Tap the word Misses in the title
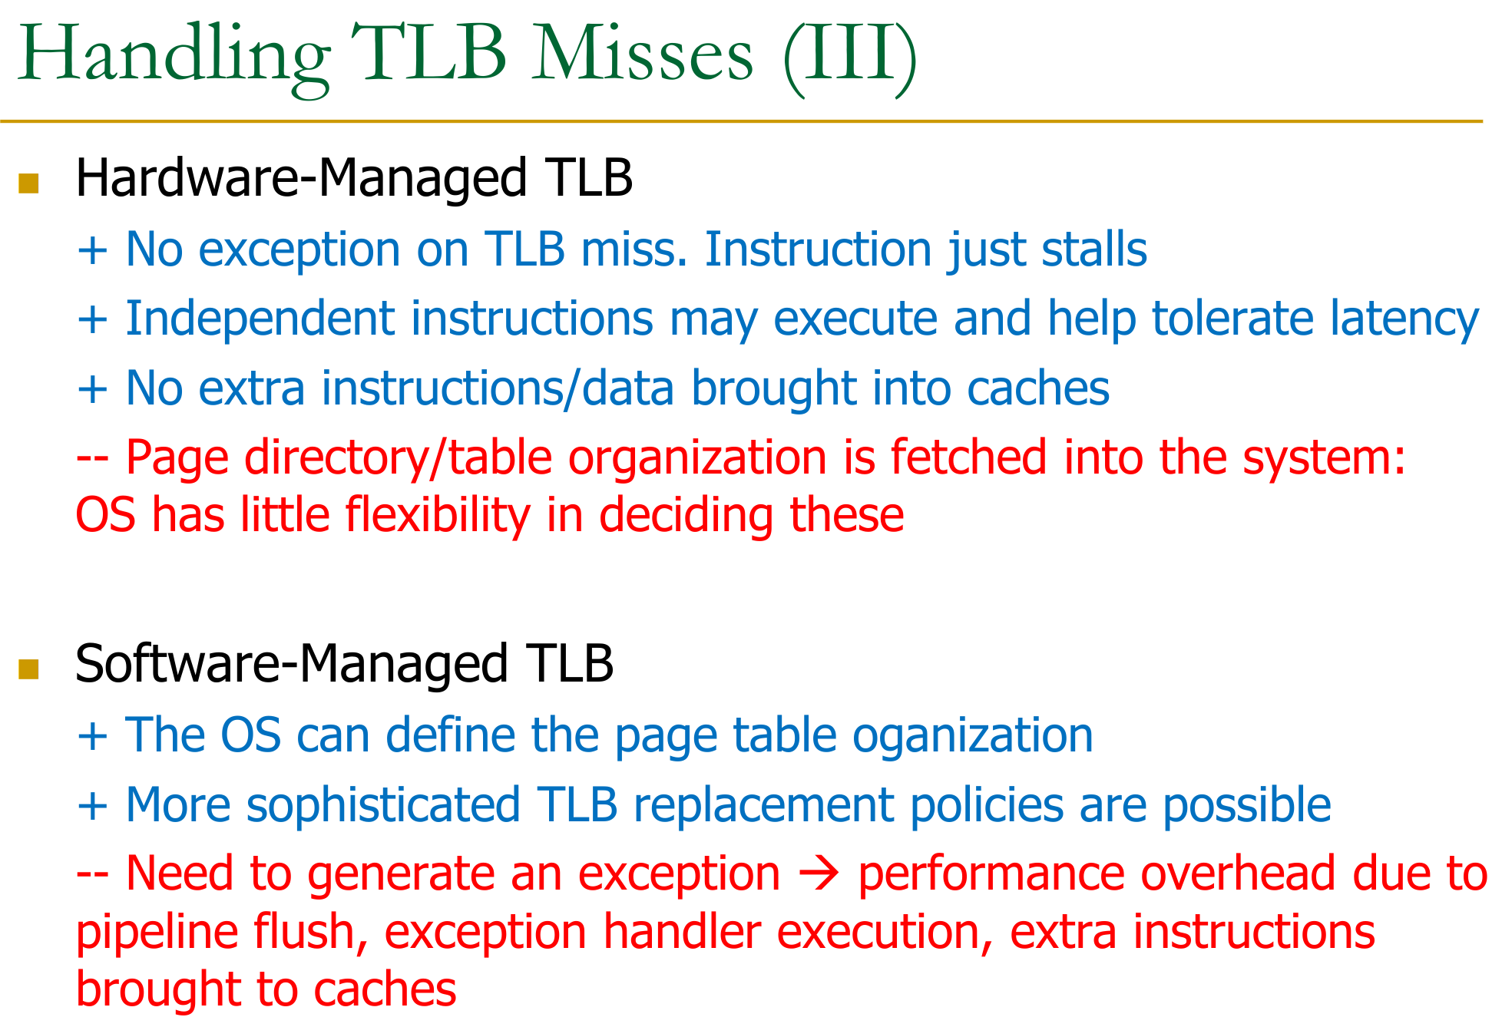point(643,54)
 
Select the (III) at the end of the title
point(850,58)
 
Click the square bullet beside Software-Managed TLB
point(28,669)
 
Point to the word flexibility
point(438,516)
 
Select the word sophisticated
point(383,806)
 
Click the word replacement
point(763,806)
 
